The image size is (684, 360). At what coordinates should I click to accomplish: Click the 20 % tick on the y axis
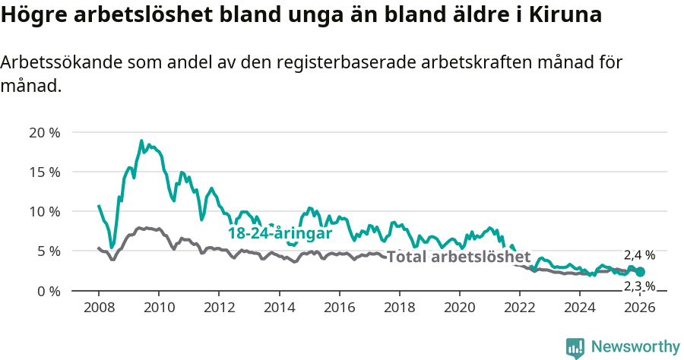pyautogui.click(x=44, y=132)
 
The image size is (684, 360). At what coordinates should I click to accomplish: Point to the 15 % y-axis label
pyautogui.click(x=44, y=172)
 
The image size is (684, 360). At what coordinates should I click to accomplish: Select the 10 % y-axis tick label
pyautogui.click(x=44, y=211)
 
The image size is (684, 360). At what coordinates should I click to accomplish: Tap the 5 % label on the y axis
pyautogui.click(x=47, y=251)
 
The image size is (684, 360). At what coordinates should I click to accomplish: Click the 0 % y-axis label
pyautogui.click(x=47, y=290)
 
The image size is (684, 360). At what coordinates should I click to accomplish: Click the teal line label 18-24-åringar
pyautogui.click(x=280, y=233)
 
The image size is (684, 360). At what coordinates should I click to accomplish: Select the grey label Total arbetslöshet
pyautogui.click(x=458, y=257)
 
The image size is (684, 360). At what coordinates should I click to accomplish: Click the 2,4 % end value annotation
pyautogui.click(x=639, y=255)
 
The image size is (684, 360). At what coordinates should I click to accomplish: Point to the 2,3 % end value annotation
pyautogui.click(x=639, y=286)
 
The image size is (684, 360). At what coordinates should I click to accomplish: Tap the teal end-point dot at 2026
pyautogui.click(x=640, y=272)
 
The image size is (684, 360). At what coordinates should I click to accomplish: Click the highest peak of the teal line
pyautogui.click(x=141, y=141)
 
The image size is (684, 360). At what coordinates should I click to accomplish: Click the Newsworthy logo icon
pyautogui.click(x=575, y=348)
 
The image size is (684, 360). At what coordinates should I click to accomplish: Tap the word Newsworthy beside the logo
pyautogui.click(x=635, y=347)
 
